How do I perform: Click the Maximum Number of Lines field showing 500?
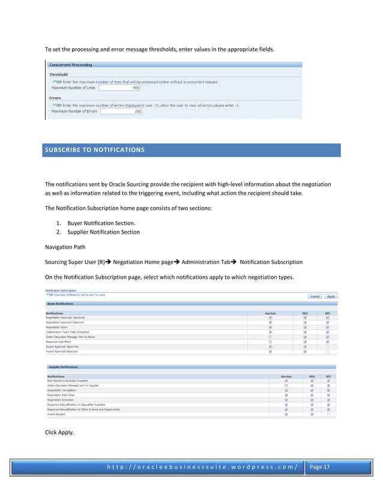point(120,88)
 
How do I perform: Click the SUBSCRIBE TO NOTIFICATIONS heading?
point(93,149)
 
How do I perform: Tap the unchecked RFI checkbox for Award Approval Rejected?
point(327,351)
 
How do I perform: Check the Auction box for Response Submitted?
point(270,342)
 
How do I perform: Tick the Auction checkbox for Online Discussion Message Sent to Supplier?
point(287,386)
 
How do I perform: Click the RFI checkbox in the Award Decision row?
point(328,414)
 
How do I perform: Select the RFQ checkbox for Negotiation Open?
point(305,327)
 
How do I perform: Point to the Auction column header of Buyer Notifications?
point(270,313)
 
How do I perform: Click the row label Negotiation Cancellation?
point(62,390)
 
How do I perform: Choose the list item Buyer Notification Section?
point(101,223)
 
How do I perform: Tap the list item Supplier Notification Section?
point(103,232)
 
